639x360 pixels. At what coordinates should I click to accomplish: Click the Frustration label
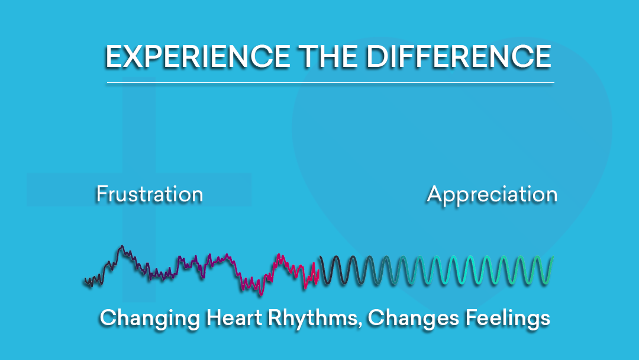[x=150, y=194]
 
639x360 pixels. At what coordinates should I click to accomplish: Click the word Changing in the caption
[x=150, y=319]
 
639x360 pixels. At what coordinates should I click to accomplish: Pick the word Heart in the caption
[x=234, y=317]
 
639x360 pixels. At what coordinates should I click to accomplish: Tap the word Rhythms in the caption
[x=312, y=317]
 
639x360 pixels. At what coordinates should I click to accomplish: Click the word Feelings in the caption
[x=508, y=319]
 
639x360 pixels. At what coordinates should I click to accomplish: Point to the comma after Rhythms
[x=360, y=325]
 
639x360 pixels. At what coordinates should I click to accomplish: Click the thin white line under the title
[x=331, y=83]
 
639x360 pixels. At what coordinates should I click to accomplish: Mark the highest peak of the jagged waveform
[x=121, y=246]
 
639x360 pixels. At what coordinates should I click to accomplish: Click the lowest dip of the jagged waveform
[x=259, y=294]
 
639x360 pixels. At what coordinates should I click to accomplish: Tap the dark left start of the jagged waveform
[x=85, y=281]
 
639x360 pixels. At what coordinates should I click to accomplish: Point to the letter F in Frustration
[x=102, y=194]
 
